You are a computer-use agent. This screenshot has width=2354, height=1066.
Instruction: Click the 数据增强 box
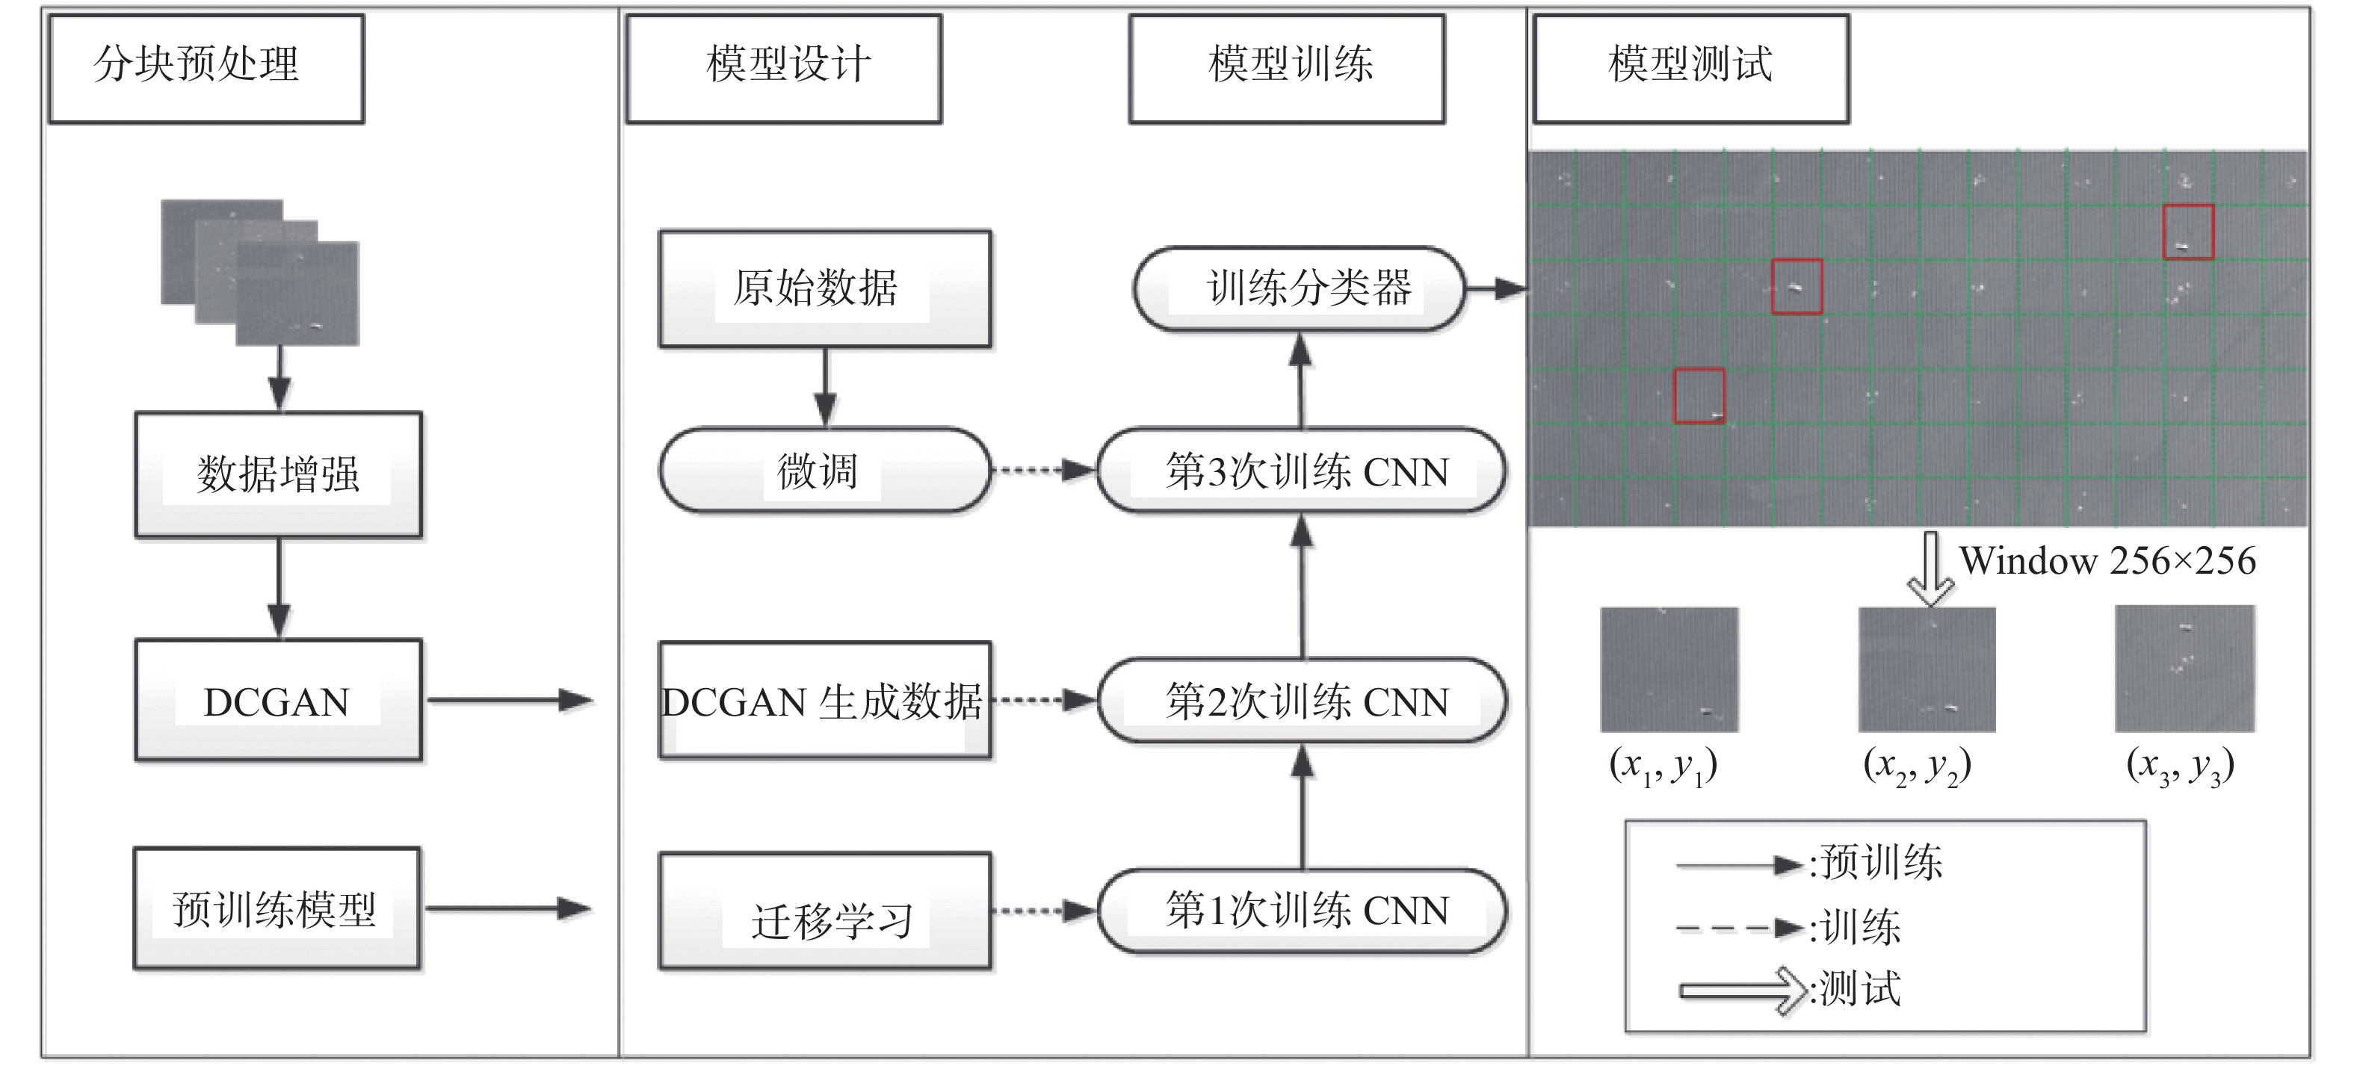[279, 474]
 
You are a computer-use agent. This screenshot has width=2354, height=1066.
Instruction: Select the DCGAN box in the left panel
[279, 701]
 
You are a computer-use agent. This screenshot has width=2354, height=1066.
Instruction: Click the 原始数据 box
[824, 288]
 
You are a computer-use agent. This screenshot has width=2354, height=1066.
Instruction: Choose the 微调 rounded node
[824, 471]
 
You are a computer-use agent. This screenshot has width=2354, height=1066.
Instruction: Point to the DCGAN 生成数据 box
[824, 701]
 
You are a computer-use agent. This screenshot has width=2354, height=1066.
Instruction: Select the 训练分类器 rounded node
[1300, 288]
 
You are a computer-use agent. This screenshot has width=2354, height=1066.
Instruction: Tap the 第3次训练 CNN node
[1303, 471]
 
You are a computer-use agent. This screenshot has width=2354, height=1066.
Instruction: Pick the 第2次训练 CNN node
[1303, 701]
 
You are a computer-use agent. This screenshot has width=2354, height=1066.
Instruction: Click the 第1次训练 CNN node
[1303, 911]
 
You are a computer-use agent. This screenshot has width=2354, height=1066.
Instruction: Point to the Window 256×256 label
[2107, 561]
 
